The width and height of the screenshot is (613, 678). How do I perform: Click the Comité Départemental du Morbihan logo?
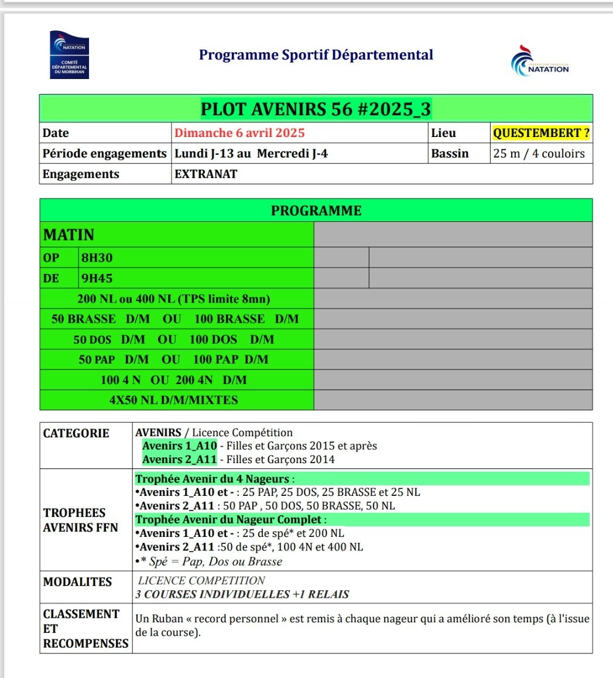[x=69, y=54]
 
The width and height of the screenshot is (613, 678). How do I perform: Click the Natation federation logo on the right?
[x=539, y=61]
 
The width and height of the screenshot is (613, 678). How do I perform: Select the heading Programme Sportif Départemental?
[x=316, y=55]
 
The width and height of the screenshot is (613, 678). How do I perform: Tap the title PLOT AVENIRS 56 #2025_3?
[x=316, y=109]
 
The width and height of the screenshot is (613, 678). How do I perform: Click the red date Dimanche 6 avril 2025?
[x=239, y=133]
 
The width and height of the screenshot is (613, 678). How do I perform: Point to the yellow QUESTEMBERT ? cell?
[x=541, y=133]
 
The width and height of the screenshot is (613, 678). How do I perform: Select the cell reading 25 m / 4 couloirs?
[x=539, y=153]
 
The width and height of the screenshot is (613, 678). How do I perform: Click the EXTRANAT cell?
[x=206, y=174]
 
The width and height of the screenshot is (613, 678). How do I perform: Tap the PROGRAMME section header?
[x=316, y=210]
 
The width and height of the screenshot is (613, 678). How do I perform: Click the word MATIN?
[x=69, y=235]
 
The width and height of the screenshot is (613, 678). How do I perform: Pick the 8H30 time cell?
[x=97, y=258]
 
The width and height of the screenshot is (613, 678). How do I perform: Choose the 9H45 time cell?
[x=97, y=278]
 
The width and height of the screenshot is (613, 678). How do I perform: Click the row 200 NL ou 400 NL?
[x=174, y=299]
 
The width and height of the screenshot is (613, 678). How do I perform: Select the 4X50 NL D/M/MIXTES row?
[x=174, y=400]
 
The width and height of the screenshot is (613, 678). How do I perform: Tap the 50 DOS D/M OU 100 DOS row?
[x=174, y=340]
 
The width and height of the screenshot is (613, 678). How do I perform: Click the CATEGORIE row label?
[x=76, y=433]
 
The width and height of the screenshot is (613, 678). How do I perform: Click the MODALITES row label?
[x=77, y=582]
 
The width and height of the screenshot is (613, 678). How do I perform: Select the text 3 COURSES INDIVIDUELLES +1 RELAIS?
[x=242, y=594]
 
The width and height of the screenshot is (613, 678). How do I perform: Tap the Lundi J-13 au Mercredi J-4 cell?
[x=251, y=153]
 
